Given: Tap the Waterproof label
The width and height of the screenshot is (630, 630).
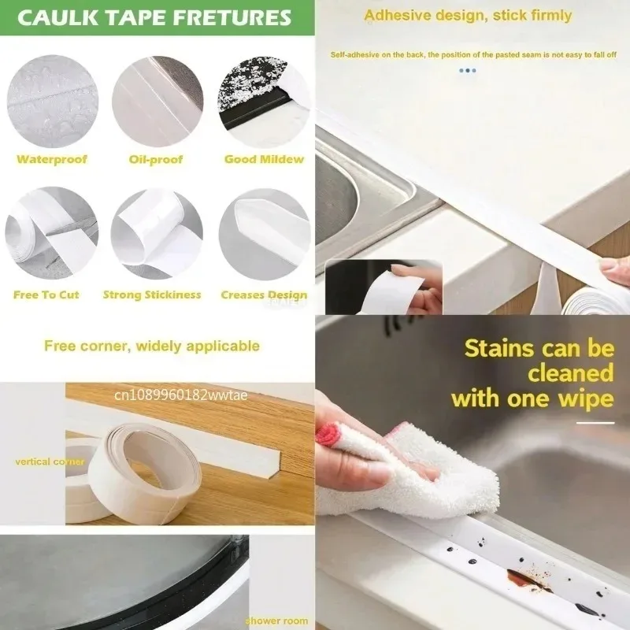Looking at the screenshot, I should (x=52, y=159).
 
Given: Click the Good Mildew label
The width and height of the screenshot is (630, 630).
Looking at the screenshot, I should (x=264, y=159).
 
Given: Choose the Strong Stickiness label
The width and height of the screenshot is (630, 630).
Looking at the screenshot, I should (x=152, y=295).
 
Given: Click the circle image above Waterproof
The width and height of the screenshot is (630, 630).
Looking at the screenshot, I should (x=52, y=100).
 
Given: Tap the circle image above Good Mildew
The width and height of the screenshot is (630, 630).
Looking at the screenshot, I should (x=263, y=100).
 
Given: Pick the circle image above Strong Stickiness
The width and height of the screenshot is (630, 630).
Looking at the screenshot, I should (x=157, y=234).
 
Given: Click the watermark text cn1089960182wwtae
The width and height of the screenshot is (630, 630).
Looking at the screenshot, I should (x=182, y=394).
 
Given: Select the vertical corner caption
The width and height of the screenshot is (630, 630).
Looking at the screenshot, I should (x=50, y=461).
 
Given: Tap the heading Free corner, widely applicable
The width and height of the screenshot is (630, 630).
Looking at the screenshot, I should (x=151, y=345).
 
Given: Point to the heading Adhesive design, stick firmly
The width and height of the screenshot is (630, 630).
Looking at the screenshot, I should (x=468, y=15).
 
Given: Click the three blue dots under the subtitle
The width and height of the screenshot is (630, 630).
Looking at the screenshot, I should (x=468, y=70).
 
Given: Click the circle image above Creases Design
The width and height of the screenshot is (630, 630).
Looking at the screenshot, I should (x=263, y=234).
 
